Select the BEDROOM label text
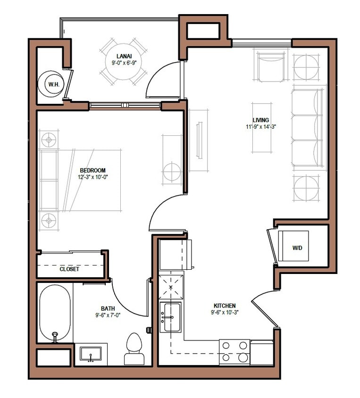click(x=92, y=170)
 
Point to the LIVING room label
click(x=260, y=120)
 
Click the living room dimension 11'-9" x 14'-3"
click(x=260, y=127)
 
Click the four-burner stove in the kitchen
click(x=234, y=352)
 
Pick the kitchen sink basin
click(x=171, y=317)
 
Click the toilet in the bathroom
click(x=134, y=349)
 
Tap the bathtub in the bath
click(x=55, y=313)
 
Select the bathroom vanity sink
click(x=91, y=354)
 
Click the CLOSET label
click(x=69, y=269)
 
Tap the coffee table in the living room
click(x=261, y=127)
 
